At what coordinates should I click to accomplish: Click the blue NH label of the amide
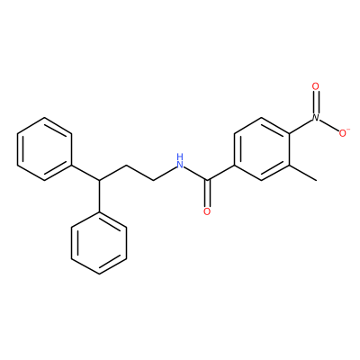point(180,161)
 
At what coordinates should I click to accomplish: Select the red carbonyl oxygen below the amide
point(207,211)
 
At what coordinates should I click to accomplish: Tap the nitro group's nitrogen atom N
point(316,118)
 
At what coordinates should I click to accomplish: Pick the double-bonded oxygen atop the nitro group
point(316,86)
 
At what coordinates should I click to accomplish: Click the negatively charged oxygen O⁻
point(343,133)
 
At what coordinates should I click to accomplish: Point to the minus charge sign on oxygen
point(348,130)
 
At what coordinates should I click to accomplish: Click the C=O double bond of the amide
point(207,193)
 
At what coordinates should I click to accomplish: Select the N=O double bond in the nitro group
point(316,103)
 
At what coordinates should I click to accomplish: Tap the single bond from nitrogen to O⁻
point(329,125)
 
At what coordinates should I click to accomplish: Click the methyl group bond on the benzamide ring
point(302,173)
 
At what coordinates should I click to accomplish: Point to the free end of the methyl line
point(316,181)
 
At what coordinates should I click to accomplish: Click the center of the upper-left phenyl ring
point(45,148)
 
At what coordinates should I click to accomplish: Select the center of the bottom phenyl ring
point(99,243)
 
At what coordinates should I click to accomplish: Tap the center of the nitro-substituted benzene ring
point(261,148)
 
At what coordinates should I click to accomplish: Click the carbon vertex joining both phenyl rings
point(99,180)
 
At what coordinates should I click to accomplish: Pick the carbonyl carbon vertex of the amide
point(207,180)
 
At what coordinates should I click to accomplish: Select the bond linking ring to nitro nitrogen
point(301,126)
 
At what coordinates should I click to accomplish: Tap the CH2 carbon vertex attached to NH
point(153,180)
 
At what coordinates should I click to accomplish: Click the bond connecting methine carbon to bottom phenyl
point(99,195)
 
